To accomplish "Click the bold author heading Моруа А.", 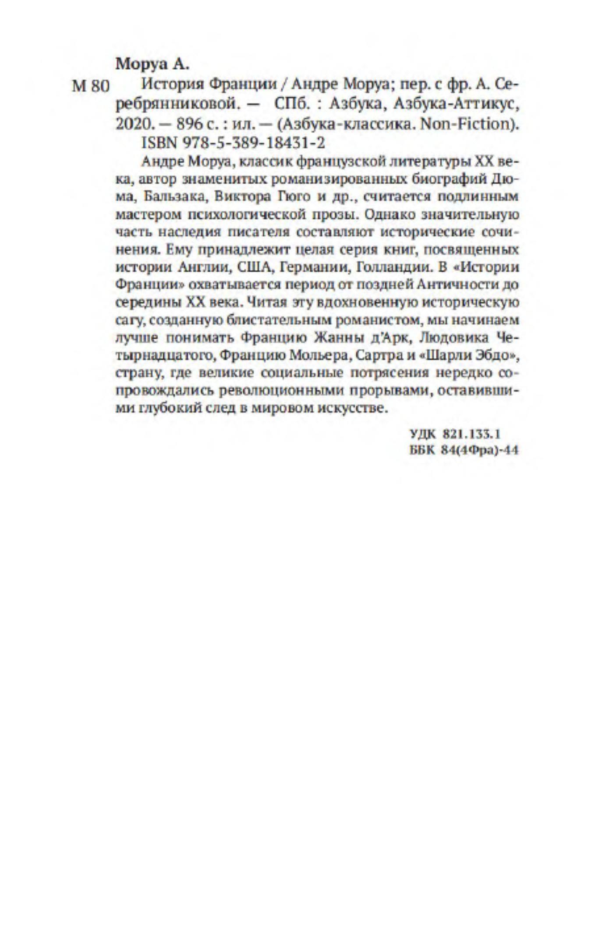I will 152,64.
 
